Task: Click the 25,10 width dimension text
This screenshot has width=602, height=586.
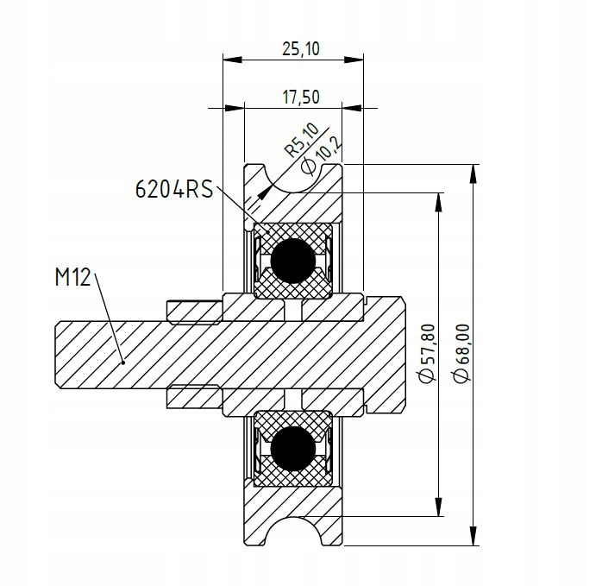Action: [x=299, y=49]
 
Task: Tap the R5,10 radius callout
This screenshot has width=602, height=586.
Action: [x=302, y=141]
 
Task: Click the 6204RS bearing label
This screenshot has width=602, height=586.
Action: [x=173, y=189]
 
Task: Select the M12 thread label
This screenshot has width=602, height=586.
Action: [x=73, y=278]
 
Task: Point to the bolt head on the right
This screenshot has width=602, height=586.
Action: [x=387, y=354]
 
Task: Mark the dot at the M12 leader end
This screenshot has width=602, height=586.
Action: [x=124, y=363]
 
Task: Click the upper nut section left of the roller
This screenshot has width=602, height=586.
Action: [x=194, y=308]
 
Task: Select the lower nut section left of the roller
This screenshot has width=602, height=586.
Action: [x=194, y=398]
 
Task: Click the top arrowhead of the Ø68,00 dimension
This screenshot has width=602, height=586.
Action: [x=473, y=170]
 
